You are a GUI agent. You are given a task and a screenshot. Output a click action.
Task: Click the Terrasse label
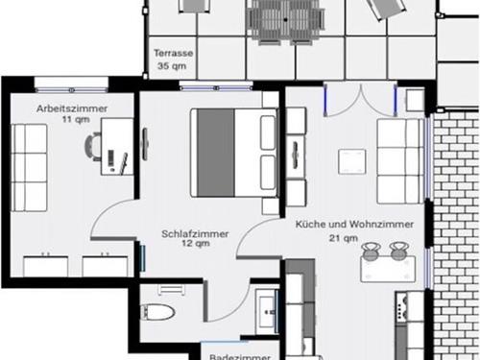click(x=174, y=53)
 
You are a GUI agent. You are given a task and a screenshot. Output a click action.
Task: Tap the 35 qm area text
click(x=172, y=66)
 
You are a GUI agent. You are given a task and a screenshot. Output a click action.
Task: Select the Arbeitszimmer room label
click(x=72, y=108)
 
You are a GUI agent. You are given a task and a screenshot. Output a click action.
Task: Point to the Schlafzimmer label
click(x=195, y=234)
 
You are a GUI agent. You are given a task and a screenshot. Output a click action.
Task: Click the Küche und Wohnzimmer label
click(x=354, y=224)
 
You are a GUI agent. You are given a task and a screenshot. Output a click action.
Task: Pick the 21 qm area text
click(x=344, y=238)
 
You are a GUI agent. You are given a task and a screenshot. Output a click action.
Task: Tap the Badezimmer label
click(x=240, y=356)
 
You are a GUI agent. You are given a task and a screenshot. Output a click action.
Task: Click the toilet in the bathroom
click(x=157, y=312)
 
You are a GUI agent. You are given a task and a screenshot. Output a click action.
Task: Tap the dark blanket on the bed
click(x=215, y=153)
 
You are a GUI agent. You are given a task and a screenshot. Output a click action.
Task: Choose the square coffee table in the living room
click(x=352, y=161)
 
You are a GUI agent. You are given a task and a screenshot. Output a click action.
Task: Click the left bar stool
click(x=371, y=251)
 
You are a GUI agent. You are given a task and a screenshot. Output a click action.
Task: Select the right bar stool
click(x=399, y=251)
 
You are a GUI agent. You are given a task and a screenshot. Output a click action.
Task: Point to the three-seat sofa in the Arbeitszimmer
click(x=29, y=168)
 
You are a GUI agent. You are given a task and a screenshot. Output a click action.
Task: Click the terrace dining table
click(x=285, y=20)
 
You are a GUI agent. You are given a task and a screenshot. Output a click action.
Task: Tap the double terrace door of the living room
click(x=361, y=99)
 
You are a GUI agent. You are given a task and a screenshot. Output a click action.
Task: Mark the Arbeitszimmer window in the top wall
click(x=72, y=90)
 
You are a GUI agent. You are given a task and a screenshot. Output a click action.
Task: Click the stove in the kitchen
click(x=401, y=307)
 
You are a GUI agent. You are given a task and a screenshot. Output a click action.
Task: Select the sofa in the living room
click(x=400, y=161)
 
